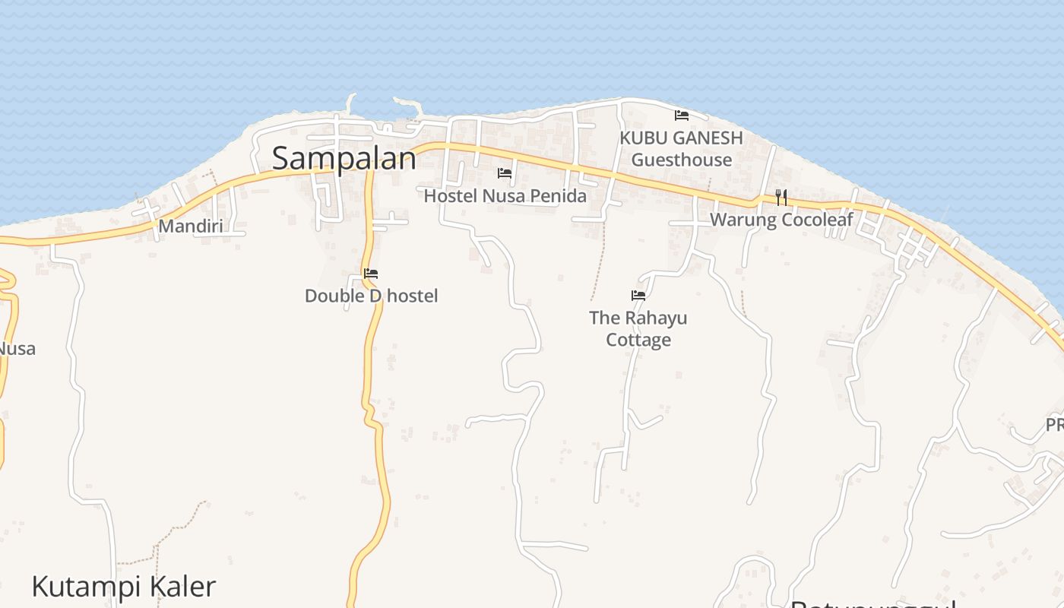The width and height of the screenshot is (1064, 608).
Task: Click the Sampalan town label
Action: coord(344,158)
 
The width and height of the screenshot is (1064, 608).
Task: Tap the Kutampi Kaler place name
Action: coord(124,587)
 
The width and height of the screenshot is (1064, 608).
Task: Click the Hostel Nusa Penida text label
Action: coord(505,196)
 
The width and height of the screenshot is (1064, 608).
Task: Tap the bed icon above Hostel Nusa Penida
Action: coord(505,173)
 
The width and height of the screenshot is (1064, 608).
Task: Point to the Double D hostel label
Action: coord(371,296)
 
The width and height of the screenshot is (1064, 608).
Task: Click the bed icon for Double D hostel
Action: coord(371,274)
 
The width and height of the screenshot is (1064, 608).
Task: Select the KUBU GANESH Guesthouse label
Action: coord(681,149)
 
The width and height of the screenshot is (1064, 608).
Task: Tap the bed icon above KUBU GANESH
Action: coord(682,116)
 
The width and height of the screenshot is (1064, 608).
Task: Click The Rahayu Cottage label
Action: coord(638,328)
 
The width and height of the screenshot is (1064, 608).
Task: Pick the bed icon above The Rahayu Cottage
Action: coord(638,295)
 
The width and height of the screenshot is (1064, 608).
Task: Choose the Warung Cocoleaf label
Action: coord(781,220)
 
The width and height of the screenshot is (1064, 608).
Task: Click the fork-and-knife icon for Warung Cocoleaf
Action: coord(781,198)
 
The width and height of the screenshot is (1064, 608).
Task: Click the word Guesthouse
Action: coord(681,160)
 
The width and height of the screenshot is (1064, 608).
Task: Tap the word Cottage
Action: coord(638,340)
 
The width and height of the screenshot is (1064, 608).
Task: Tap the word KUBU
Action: coord(643,138)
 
